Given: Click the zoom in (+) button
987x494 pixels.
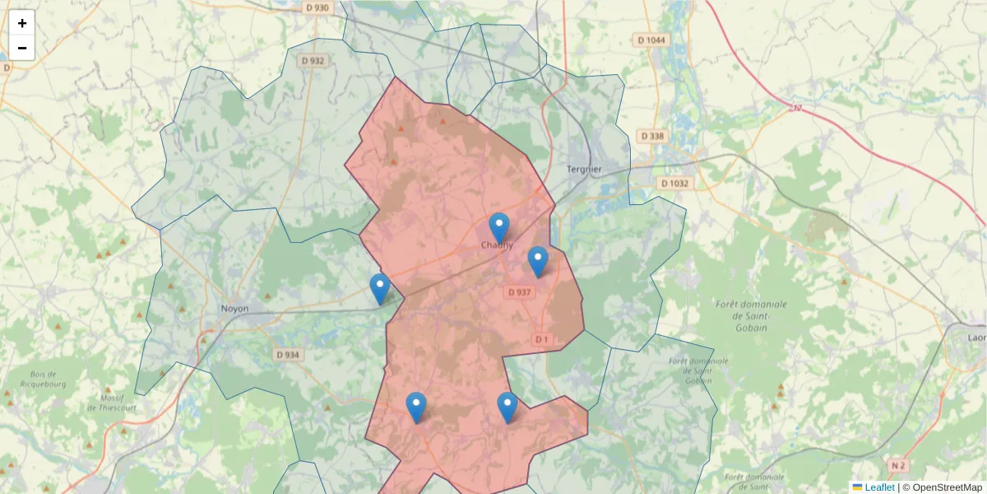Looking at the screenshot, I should click(22, 23).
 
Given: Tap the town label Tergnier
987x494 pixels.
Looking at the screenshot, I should click(584, 170).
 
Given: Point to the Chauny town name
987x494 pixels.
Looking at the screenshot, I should click(497, 245).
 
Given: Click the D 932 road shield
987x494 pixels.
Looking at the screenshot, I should click(313, 60).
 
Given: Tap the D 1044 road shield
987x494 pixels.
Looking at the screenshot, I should click(651, 40).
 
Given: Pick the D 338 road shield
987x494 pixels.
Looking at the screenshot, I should click(654, 136).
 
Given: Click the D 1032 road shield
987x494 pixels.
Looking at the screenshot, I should click(674, 184).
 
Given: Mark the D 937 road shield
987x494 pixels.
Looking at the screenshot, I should click(520, 292).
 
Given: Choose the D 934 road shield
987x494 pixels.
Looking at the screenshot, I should click(288, 355).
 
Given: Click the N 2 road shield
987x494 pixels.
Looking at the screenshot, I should click(897, 466).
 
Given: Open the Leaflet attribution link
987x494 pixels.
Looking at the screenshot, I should click(879, 487).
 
